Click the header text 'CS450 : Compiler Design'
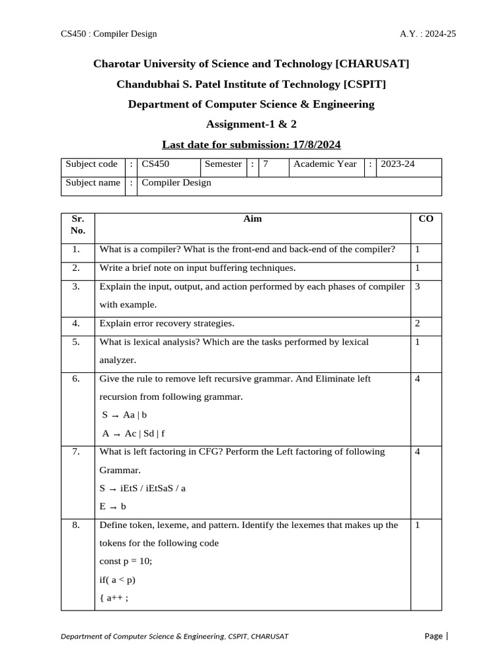click(x=109, y=33)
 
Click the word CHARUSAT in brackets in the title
click(x=372, y=63)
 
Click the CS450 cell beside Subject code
click(x=155, y=164)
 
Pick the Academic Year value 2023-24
click(x=398, y=164)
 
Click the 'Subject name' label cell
click(x=93, y=183)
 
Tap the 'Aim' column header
click(x=252, y=219)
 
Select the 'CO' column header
click(x=425, y=219)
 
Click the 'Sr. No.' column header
click(x=77, y=224)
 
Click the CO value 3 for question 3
click(x=417, y=287)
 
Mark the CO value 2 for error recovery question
click(x=417, y=323)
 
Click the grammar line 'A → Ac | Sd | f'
click(x=134, y=432)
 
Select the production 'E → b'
click(x=113, y=506)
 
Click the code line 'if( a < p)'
click(x=118, y=579)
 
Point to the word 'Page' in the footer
click(x=433, y=636)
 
